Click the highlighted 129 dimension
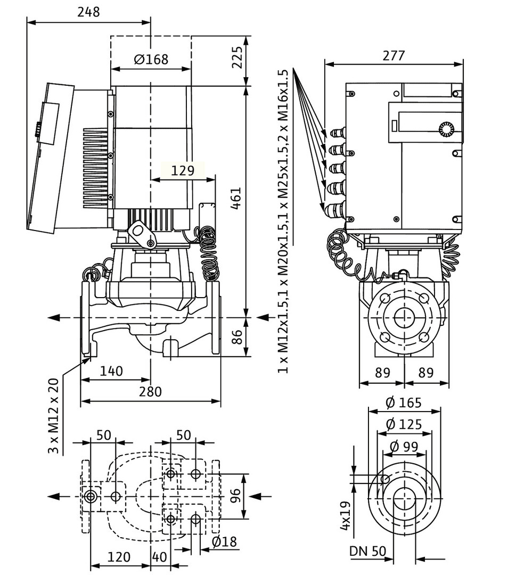click(183, 171)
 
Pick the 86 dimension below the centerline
click(237, 337)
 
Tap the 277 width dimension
click(394, 55)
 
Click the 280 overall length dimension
click(150, 391)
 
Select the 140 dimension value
click(111, 371)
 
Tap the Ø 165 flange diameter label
click(404, 402)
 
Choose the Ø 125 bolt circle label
click(404, 424)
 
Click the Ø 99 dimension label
click(404, 446)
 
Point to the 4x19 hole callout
click(345, 516)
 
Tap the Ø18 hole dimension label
click(224, 541)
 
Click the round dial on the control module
click(446, 129)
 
